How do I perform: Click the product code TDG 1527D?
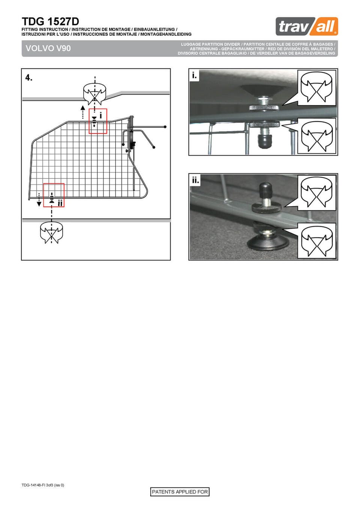click(x=50, y=22)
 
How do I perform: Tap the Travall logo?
click(x=307, y=26)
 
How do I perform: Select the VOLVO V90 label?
click(x=48, y=48)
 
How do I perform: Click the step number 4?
click(x=29, y=78)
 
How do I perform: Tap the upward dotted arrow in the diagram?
click(x=83, y=112)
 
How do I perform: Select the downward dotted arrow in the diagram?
click(x=39, y=200)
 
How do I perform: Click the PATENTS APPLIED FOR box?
click(x=180, y=492)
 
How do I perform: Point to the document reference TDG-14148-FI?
click(x=34, y=485)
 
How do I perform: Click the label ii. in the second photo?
click(x=195, y=180)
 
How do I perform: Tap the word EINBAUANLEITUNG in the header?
click(x=154, y=30)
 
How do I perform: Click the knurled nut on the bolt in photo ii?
click(x=266, y=208)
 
